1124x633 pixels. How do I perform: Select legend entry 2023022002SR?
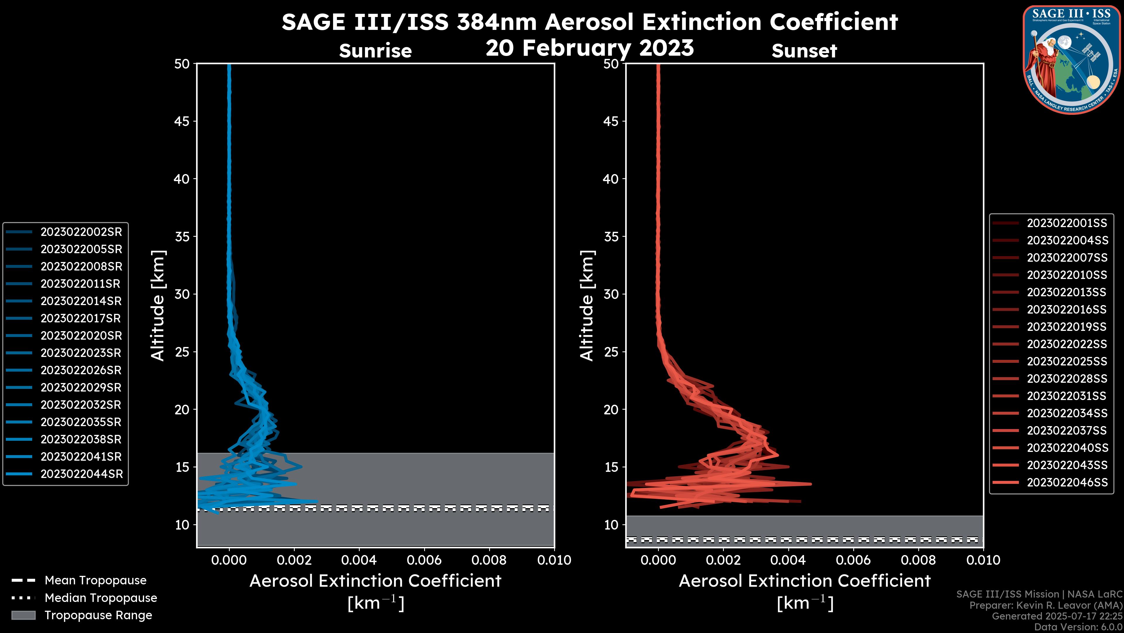81,232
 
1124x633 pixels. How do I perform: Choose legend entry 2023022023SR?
81,353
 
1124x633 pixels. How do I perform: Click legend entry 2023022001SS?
1067,223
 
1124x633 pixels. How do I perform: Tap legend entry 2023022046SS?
1067,482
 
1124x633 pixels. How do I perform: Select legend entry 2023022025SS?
1067,361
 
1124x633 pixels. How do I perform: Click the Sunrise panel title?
375,51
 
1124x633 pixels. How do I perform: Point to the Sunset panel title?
804,51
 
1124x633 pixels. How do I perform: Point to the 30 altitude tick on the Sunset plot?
611,294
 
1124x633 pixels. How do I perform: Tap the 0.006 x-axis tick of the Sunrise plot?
424,560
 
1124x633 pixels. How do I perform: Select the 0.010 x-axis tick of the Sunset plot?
983,560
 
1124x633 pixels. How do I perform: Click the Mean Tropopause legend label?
95,580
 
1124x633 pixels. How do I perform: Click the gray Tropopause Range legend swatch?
23,615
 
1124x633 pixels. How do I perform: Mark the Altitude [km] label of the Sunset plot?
587,305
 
